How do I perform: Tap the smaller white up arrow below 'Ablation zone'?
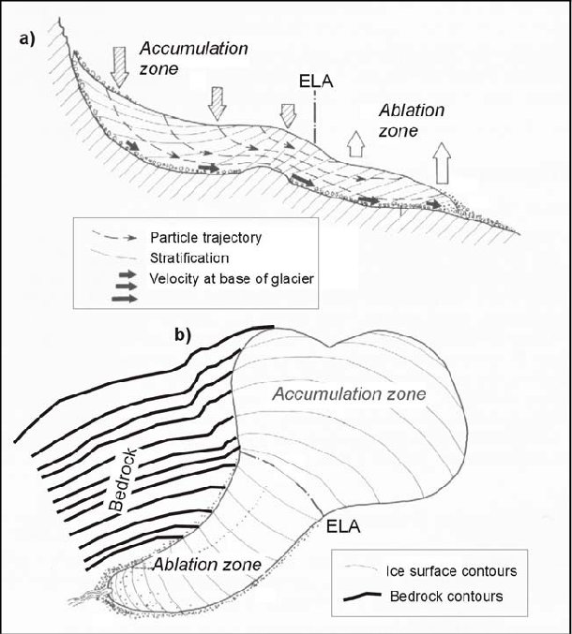[355, 143]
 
